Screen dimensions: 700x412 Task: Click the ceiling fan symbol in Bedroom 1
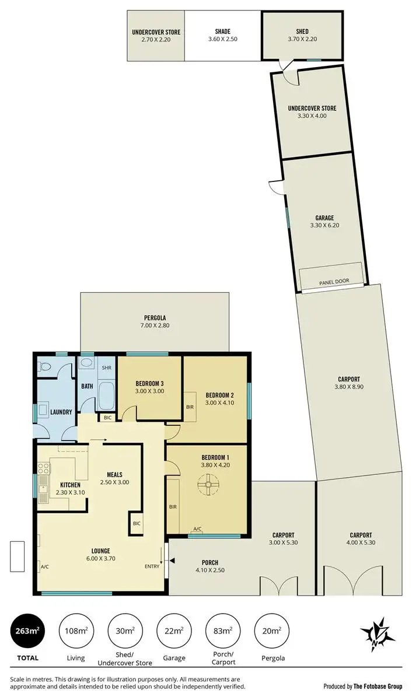coord(208,485)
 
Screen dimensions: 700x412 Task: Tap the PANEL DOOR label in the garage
coord(334,281)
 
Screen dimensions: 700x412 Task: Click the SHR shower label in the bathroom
coord(107,368)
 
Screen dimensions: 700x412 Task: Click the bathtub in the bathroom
coord(107,395)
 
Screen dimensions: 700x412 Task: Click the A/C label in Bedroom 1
coord(197,529)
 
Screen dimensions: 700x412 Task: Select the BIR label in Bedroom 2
coord(190,407)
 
